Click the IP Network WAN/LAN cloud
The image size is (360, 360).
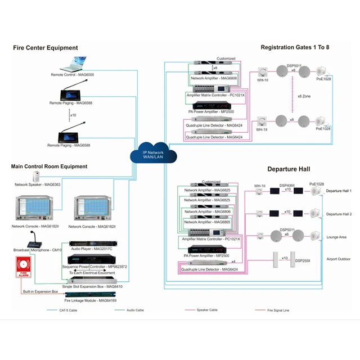152,154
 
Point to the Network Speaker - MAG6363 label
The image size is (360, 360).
37,184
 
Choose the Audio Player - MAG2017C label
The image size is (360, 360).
91,248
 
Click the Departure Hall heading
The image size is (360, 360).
289,169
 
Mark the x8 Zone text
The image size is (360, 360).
304,97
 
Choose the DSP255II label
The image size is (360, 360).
303,260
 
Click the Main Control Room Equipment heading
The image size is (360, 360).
49,166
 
